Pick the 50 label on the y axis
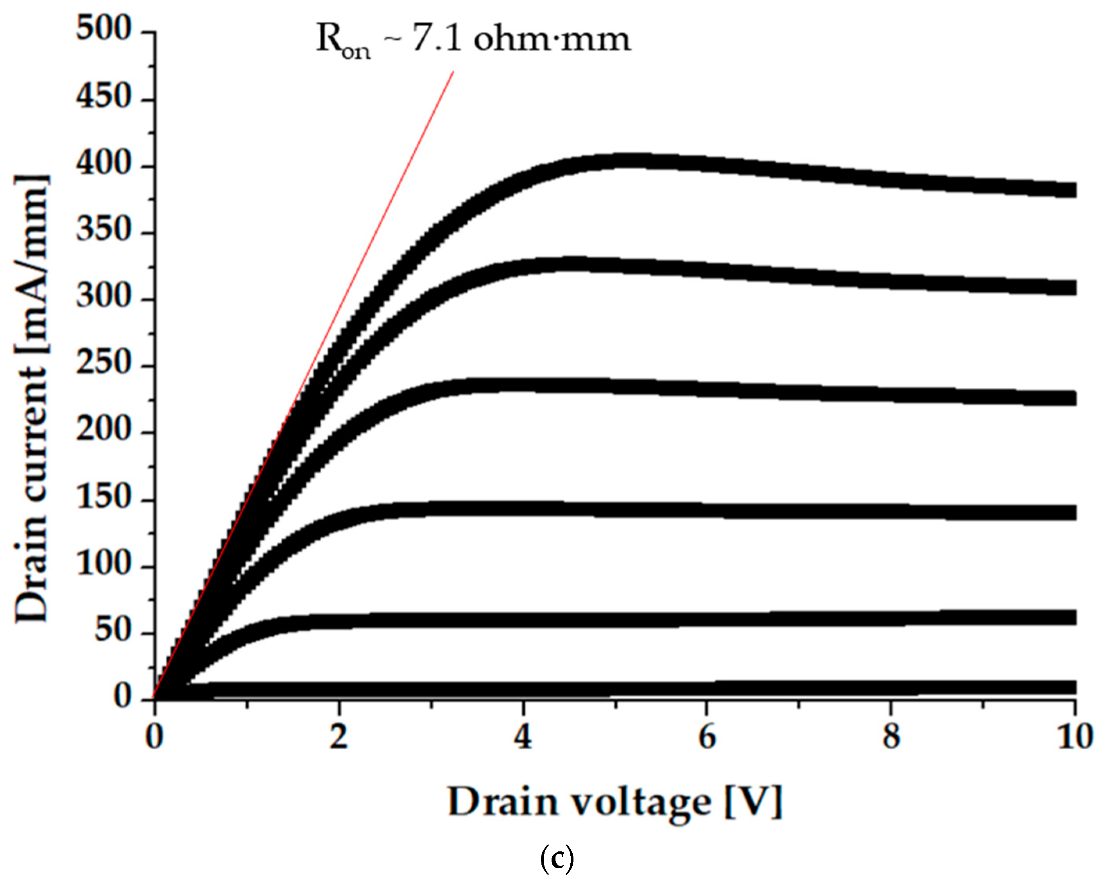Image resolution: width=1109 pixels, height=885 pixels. pos(113,631)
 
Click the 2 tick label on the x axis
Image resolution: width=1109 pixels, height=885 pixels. pos(339,737)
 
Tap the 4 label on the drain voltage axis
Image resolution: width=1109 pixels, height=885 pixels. pos(523,737)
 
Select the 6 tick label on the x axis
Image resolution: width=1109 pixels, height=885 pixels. pos(707,737)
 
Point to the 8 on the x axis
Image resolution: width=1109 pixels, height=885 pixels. pos(891,737)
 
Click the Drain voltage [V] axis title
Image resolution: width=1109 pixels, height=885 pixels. pos(615,802)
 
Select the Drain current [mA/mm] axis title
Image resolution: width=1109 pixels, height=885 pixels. pos(32,399)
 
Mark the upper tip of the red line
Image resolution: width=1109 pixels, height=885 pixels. pos(453,72)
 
